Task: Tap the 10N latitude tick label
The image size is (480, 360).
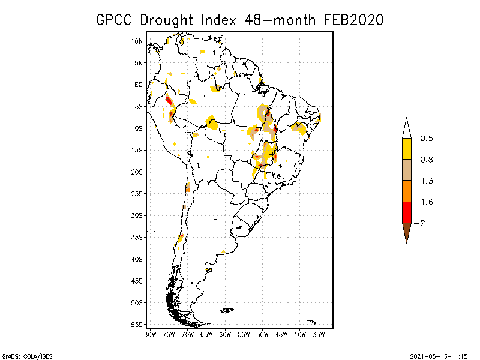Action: tap(138, 41)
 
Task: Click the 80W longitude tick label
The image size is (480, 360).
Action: tap(150, 334)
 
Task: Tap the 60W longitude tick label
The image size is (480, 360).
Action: tap(225, 334)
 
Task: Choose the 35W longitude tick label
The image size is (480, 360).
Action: tap(319, 334)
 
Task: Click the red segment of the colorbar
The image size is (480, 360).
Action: tap(406, 212)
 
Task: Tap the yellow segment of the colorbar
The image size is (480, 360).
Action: tap(406, 149)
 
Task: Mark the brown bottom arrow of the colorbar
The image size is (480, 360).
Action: tap(406, 232)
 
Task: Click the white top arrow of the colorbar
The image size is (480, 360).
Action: tap(406, 129)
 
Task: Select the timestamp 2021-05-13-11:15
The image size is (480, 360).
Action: tap(439, 356)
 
